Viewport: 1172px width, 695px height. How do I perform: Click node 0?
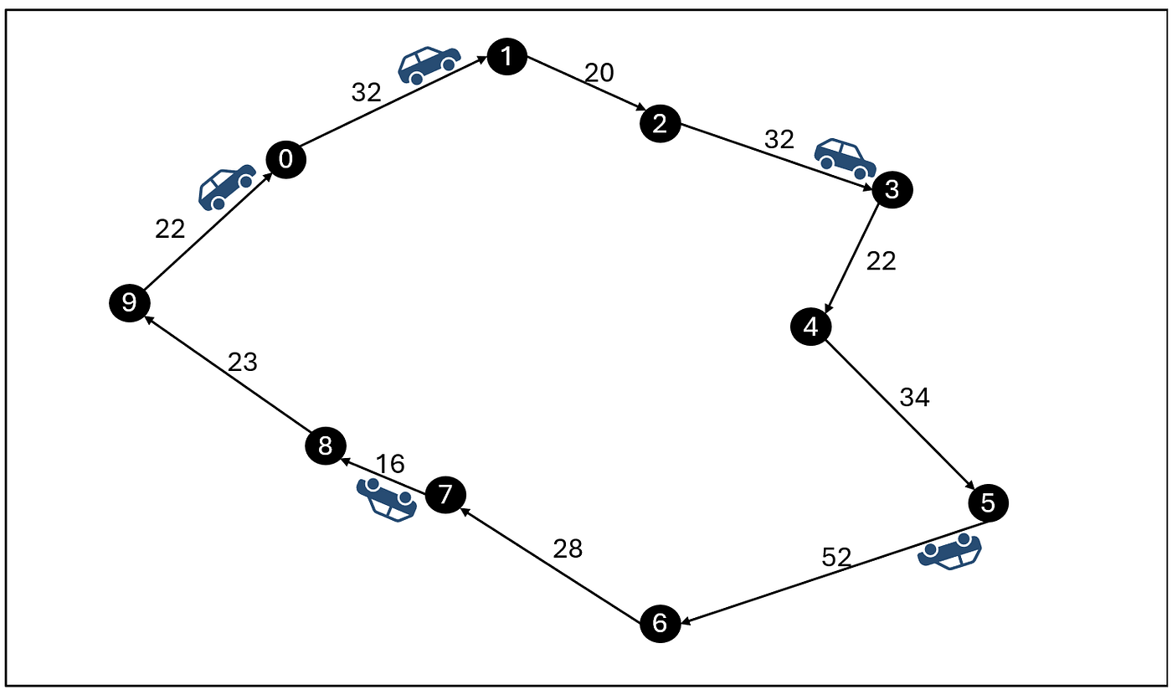pyautogui.click(x=285, y=159)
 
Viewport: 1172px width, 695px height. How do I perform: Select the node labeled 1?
pyautogui.click(x=507, y=57)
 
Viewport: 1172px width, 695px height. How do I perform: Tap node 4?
pyautogui.click(x=811, y=327)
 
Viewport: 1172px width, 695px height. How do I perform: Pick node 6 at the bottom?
pyautogui.click(x=661, y=623)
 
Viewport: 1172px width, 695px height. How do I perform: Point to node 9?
pyautogui.click(x=129, y=303)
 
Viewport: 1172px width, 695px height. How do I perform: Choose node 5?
pyautogui.click(x=988, y=503)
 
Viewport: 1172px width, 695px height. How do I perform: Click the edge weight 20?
pyautogui.click(x=599, y=73)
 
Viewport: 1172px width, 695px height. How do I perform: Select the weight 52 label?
pyautogui.click(x=836, y=558)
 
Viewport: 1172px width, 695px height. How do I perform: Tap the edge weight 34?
pyautogui.click(x=914, y=397)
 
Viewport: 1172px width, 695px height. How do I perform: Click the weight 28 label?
pyautogui.click(x=568, y=549)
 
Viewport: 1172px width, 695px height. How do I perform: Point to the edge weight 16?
pyautogui.click(x=390, y=464)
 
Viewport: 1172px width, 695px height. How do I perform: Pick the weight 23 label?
pyautogui.click(x=243, y=362)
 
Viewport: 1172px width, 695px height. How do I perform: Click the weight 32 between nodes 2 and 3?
pyautogui.click(x=779, y=139)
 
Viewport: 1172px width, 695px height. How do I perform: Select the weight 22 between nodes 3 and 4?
pyautogui.click(x=881, y=261)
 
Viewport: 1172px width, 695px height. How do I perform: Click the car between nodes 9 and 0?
pyautogui.click(x=227, y=187)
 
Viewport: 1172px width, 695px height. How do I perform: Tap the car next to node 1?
pyautogui.click(x=429, y=65)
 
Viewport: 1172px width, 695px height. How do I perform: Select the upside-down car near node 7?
pyautogui.click(x=387, y=500)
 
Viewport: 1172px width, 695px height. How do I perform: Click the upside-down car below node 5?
pyautogui.click(x=949, y=551)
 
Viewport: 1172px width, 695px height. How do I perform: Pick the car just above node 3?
pyautogui.click(x=845, y=158)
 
